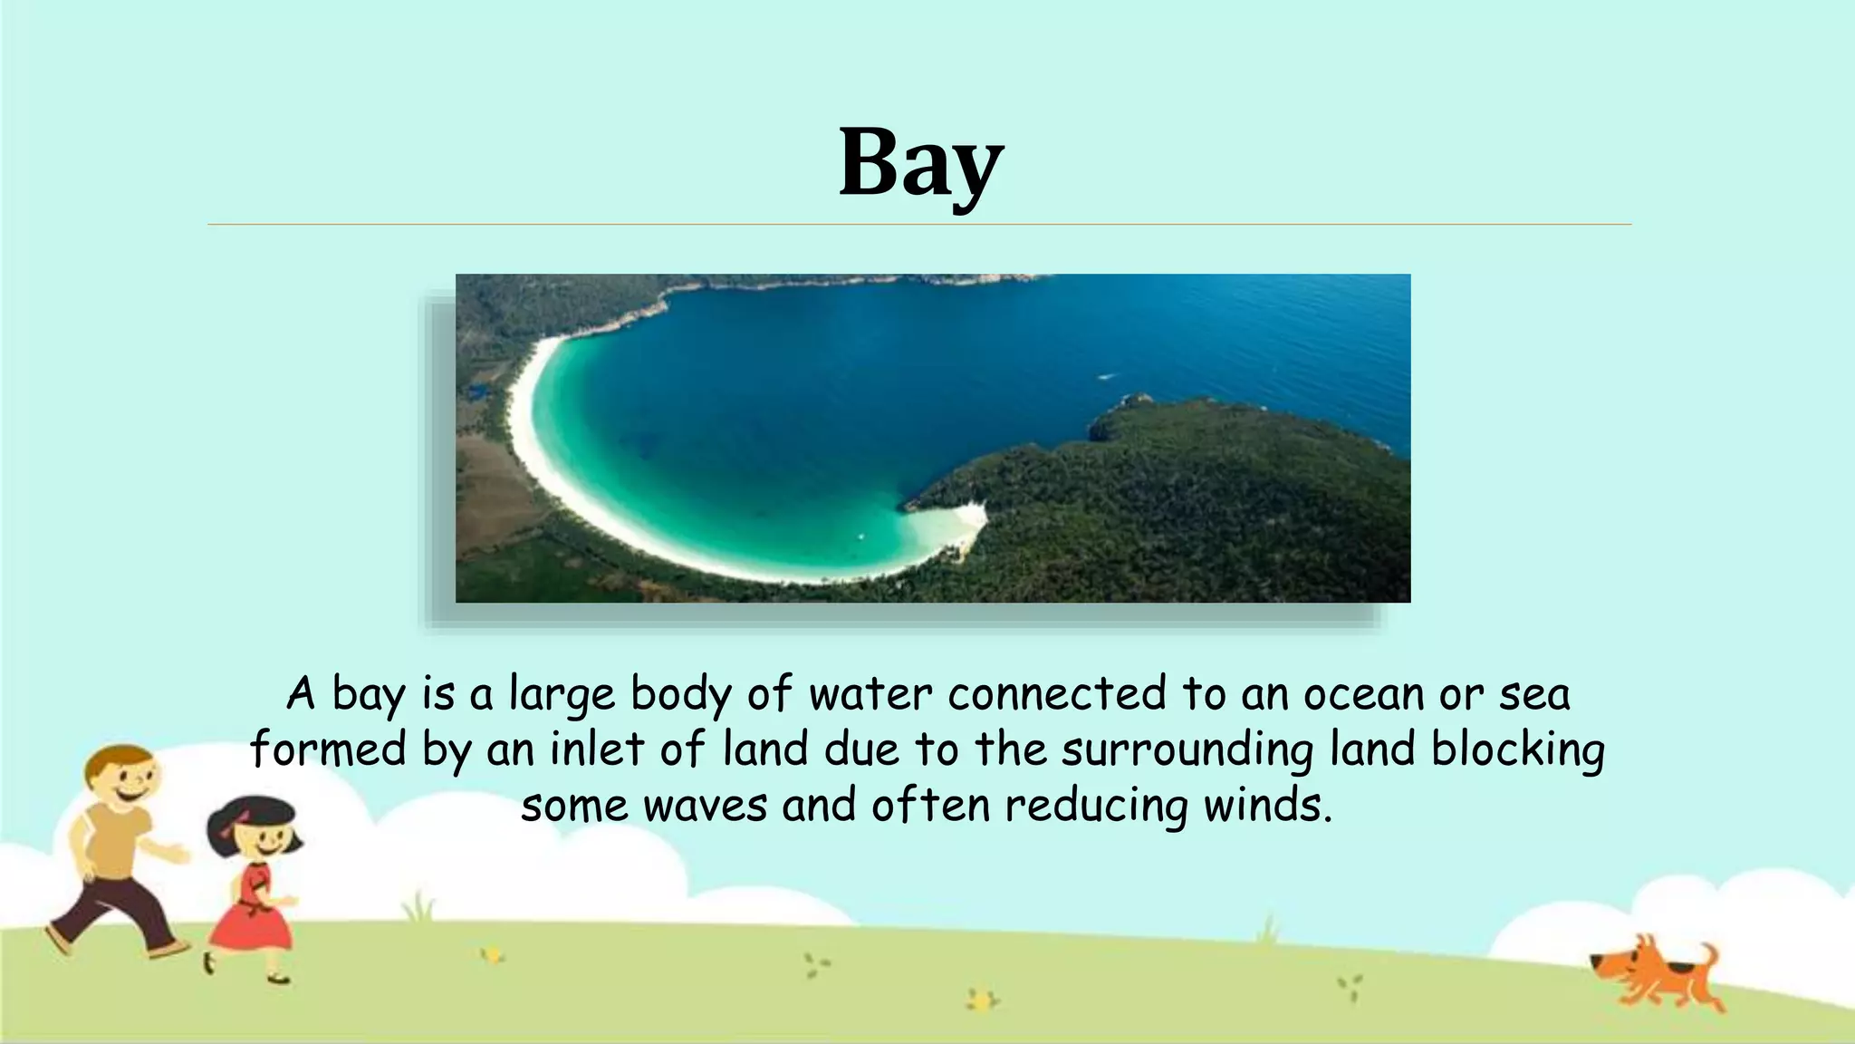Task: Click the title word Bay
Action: tap(920, 164)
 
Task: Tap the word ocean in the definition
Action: tap(1362, 695)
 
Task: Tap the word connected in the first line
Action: tap(1057, 695)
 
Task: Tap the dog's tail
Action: tap(1707, 955)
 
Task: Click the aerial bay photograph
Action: tap(933, 438)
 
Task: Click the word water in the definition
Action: tap(870, 695)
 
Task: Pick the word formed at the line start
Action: tap(328, 750)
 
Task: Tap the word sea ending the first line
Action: tap(1534, 695)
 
